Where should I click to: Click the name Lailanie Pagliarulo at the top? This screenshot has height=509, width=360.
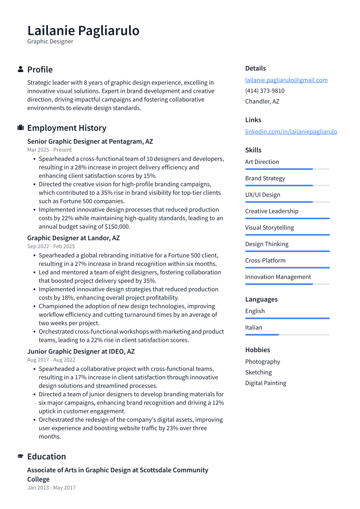(x=83, y=31)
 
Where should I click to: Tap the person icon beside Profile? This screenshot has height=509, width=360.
(x=20, y=69)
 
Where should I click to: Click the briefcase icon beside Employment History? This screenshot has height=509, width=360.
(x=20, y=128)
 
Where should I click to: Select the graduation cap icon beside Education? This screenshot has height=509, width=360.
(x=20, y=456)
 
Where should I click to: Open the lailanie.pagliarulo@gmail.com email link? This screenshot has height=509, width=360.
(x=286, y=80)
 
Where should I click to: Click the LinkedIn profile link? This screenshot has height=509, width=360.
(x=291, y=131)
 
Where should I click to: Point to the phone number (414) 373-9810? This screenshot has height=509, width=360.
(x=264, y=91)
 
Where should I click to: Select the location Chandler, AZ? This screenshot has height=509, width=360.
(x=262, y=101)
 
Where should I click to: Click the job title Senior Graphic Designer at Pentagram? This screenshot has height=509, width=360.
(x=90, y=141)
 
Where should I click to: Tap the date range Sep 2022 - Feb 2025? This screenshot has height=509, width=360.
(x=51, y=246)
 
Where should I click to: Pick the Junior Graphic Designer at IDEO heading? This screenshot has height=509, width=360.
(x=81, y=351)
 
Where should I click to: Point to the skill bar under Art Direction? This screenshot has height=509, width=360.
(x=287, y=169)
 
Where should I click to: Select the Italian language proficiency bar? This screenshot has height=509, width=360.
(x=287, y=334)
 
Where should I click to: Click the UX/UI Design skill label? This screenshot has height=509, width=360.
(x=263, y=194)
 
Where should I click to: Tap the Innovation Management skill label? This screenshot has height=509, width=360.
(x=278, y=277)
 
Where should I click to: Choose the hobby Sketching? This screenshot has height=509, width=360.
(x=258, y=372)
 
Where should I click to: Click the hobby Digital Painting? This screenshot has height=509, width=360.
(x=265, y=383)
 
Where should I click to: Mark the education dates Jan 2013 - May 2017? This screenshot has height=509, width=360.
(x=51, y=487)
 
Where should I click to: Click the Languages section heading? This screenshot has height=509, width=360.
(x=261, y=299)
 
